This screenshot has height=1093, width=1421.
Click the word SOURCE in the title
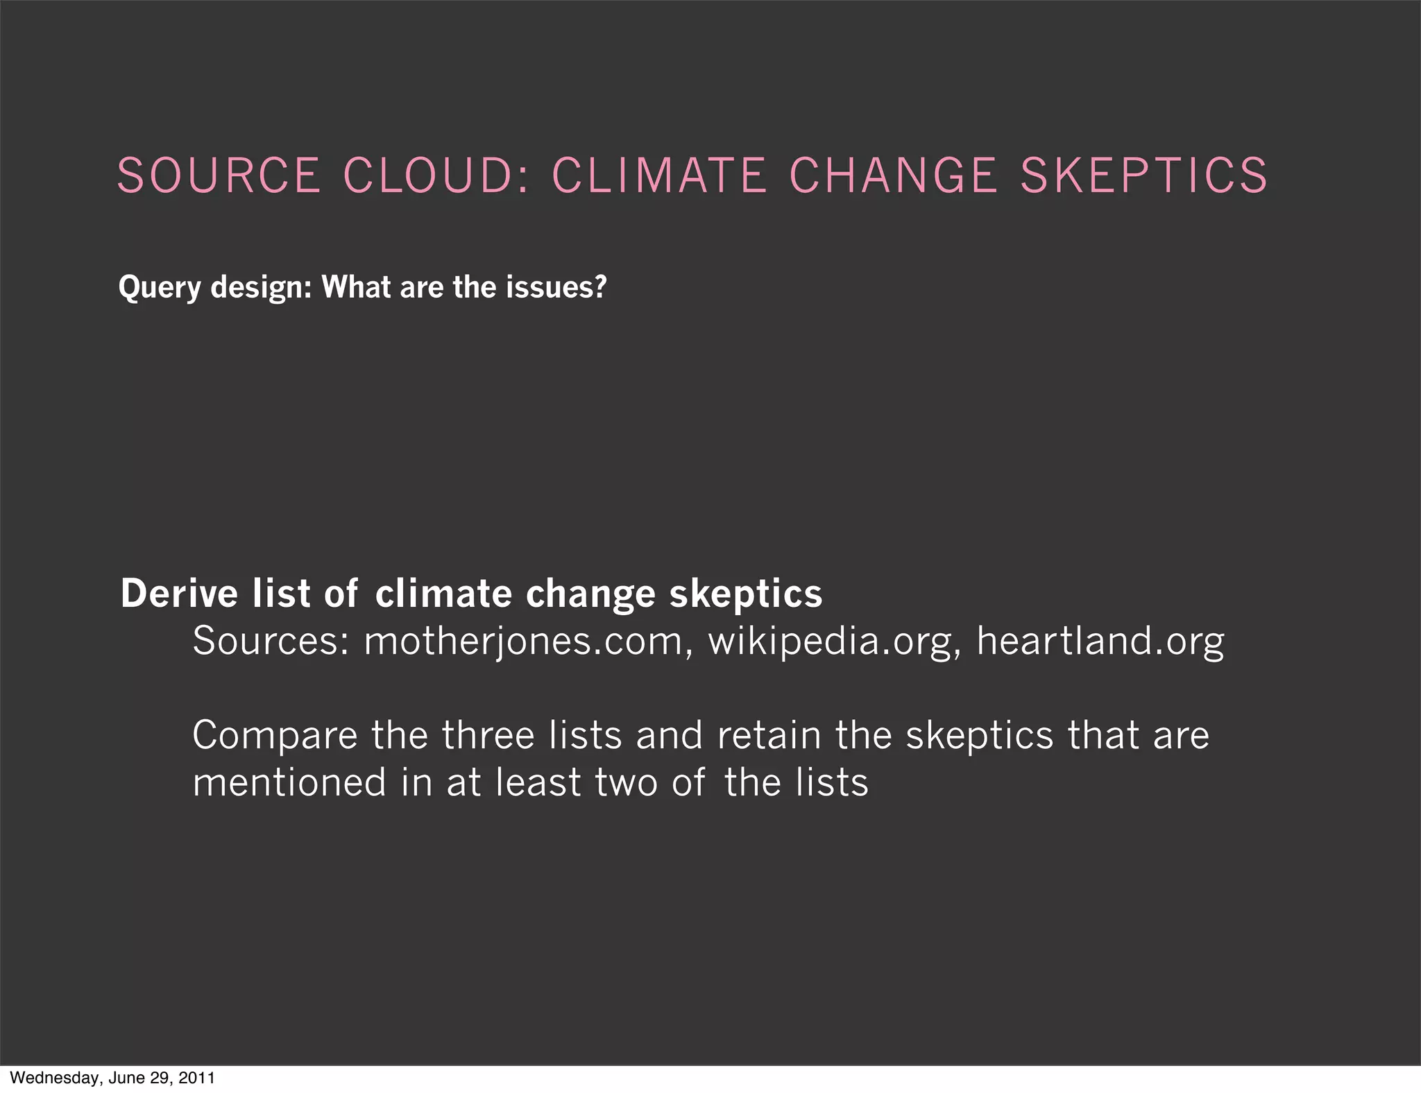pos(219,175)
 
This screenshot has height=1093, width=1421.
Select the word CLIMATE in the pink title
pos(660,175)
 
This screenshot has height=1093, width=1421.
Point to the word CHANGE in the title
pos(894,175)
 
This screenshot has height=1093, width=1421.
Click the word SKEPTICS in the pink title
pos(1144,175)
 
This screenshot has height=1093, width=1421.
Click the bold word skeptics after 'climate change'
pos(746,595)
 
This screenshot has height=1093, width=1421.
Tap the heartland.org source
pos(1100,642)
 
